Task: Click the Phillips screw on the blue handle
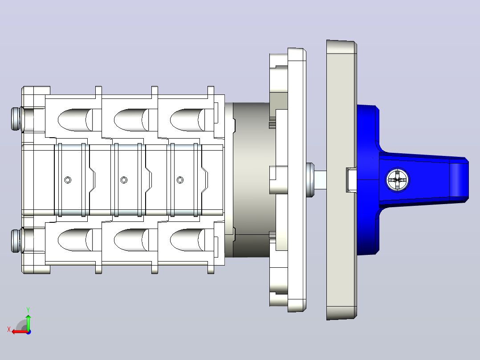(x=398, y=180)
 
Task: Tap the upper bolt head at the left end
(x=16, y=119)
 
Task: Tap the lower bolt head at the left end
(x=16, y=241)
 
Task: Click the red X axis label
(x=9, y=329)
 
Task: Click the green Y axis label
(x=28, y=310)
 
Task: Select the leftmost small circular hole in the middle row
(x=68, y=180)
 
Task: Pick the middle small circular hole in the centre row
(x=124, y=180)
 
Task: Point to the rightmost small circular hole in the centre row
(x=180, y=180)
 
